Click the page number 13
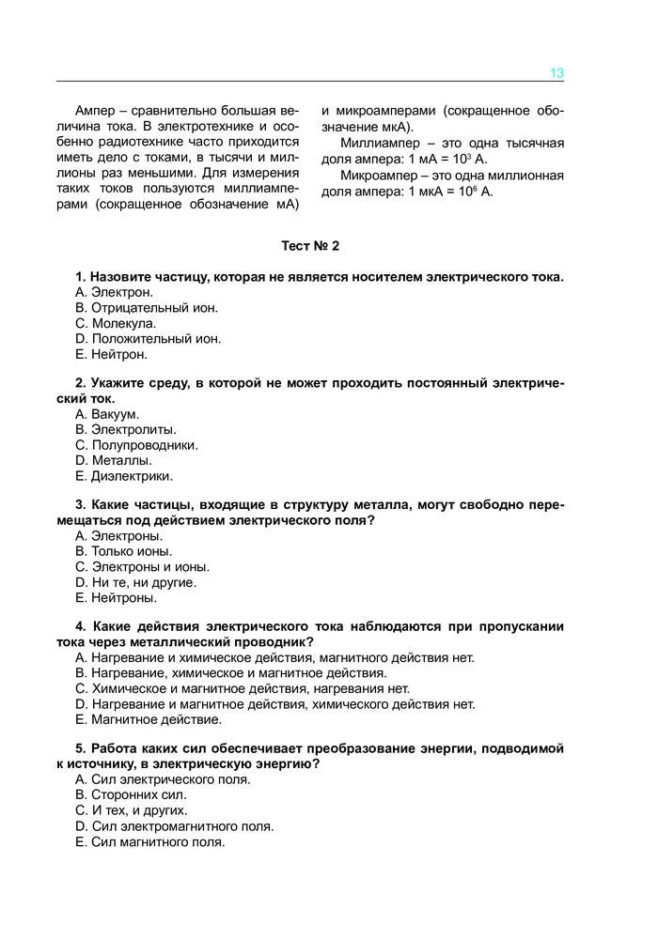point(556,73)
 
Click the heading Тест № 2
point(310,247)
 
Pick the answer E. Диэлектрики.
point(124,475)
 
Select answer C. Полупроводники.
point(137,445)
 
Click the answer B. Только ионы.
point(124,551)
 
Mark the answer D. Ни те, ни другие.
point(135,582)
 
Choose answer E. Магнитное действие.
point(149,719)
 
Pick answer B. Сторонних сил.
point(126,794)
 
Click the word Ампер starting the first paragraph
point(95,110)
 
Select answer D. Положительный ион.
point(149,339)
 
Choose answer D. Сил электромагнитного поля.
point(174,826)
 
